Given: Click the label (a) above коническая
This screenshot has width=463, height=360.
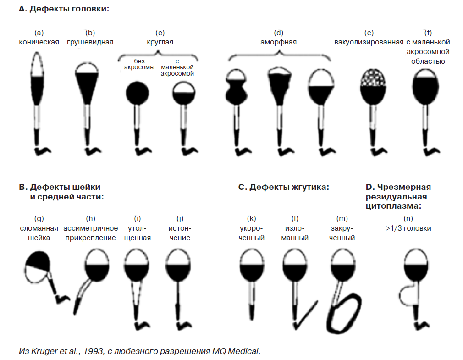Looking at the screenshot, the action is [x=39, y=33].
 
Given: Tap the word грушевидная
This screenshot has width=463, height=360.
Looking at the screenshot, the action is [x=90, y=42].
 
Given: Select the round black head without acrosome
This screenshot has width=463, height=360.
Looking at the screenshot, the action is [x=137, y=93].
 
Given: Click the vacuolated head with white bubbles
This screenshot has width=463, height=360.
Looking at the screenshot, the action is [x=373, y=86].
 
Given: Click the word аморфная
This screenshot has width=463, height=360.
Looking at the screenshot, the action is [x=278, y=42].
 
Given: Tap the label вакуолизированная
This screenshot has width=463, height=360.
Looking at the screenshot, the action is [x=369, y=42].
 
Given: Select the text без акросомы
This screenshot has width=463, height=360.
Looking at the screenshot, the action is [x=139, y=64].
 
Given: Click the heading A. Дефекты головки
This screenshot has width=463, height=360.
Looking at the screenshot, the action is [x=64, y=9].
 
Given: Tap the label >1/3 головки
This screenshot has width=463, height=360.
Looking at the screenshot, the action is [x=408, y=228].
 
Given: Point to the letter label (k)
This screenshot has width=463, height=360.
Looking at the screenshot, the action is [x=251, y=219].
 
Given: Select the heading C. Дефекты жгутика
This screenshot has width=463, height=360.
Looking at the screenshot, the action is [x=283, y=187].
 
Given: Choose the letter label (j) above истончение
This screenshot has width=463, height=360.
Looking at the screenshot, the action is [x=180, y=219].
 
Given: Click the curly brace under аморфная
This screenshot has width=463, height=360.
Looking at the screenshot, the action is [x=279, y=55].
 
